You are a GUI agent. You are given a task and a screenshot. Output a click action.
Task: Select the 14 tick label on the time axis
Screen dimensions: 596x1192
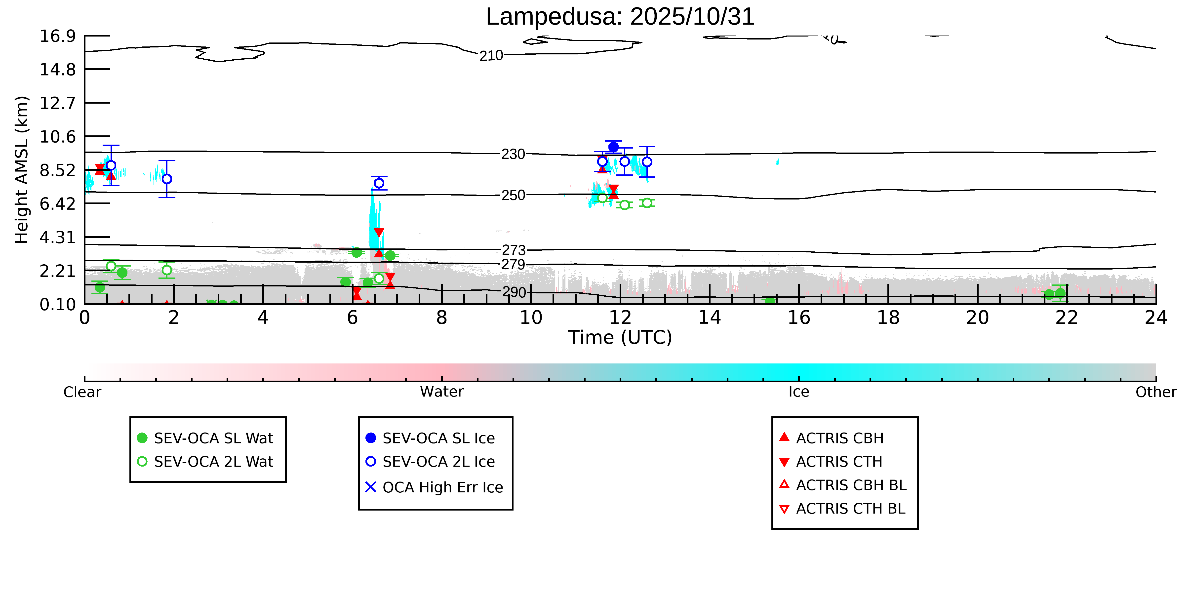pos(709,318)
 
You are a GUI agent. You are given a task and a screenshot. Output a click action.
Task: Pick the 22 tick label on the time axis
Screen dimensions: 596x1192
pos(1067,318)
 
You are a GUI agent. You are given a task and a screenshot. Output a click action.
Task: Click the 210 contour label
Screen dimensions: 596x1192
pos(491,56)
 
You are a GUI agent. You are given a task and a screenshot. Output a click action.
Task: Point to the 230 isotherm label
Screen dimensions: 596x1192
pos(513,154)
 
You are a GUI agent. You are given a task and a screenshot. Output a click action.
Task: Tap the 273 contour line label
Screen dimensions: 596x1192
pos(514,250)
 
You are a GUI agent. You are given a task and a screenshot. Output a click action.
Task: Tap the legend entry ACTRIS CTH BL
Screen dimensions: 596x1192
pos(850,509)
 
